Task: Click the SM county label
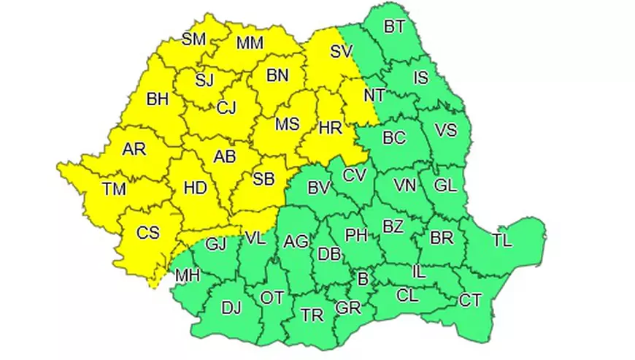pyautogui.click(x=193, y=39)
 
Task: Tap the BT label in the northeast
pyautogui.click(x=394, y=27)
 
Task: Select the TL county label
pyautogui.click(x=502, y=240)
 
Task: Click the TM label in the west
pyautogui.click(x=113, y=190)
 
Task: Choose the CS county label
pyautogui.click(x=148, y=234)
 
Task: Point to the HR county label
pyautogui.click(x=331, y=128)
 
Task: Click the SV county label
pyautogui.click(x=341, y=52)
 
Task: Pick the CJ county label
pyautogui.click(x=226, y=108)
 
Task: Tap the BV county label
pyautogui.click(x=318, y=188)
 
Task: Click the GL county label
pyautogui.click(x=445, y=185)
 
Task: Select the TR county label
pyautogui.click(x=312, y=315)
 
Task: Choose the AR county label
pyautogui.click(x=134, y=150)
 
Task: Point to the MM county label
pyautogui.click(x=250, y=44)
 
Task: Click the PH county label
pyautogui.click(x=356, y=235)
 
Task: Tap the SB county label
pyautogui.click(x=263, y=179)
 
